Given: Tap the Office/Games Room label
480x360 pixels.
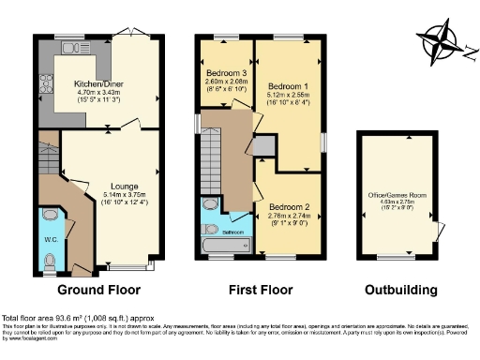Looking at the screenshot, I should tap(404, 195).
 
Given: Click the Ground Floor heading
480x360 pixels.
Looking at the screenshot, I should tap(93, 290).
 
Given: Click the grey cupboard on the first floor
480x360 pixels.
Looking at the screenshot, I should tap(264, 145).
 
